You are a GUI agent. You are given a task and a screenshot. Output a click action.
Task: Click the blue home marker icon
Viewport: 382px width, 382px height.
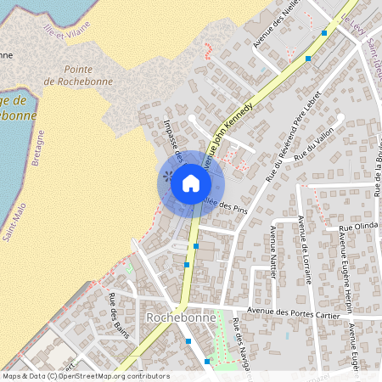(191, 183)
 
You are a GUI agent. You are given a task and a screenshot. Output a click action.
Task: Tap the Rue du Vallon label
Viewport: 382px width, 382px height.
(311, 151)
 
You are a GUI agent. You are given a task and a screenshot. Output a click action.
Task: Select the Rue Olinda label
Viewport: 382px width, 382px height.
(357, 228)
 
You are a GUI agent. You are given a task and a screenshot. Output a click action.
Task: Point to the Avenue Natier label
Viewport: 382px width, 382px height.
(272, 246)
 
